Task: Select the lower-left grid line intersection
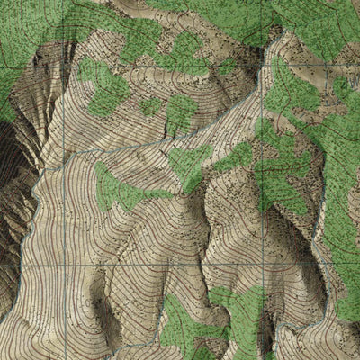coord(68,266)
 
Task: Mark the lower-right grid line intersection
coord(262,266)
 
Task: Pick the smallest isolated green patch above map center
coord(151,107)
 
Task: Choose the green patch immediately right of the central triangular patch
coord(236,157)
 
